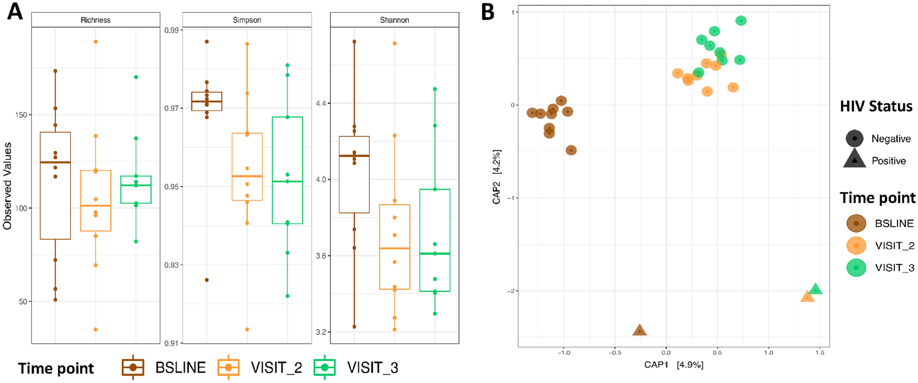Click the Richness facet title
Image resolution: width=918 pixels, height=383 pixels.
click(95, 20)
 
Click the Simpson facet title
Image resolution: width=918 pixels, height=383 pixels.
click(247, 20)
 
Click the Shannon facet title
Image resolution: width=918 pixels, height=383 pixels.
click(394, 20)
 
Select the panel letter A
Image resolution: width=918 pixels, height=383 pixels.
click(15, 11)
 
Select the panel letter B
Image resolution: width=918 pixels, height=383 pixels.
click(488, 11)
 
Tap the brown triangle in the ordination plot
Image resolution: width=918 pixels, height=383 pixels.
click(639, 330)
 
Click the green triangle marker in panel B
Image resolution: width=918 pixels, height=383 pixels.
click(815, 289)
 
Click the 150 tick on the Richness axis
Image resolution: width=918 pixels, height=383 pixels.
click(21, 115)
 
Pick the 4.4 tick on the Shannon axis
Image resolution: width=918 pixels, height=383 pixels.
click(321, 103)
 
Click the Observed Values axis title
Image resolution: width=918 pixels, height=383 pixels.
click(7, 186)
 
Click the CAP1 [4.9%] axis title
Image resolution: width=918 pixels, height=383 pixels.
click(674, 365)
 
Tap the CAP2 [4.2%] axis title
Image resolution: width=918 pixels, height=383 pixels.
click(497, 176)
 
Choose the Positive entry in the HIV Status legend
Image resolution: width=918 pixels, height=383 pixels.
click(888, 161)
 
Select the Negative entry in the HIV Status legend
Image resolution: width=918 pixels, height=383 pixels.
click(891, 138)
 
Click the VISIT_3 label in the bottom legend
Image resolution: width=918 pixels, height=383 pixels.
click(372, 367)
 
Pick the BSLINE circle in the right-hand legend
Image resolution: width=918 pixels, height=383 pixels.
click(856, 223)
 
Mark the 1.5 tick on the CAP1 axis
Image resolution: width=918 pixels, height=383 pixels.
click(820, 352)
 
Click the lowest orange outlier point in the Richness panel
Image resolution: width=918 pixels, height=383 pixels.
click(96, 330)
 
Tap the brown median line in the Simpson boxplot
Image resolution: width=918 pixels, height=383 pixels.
click(207, 101)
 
